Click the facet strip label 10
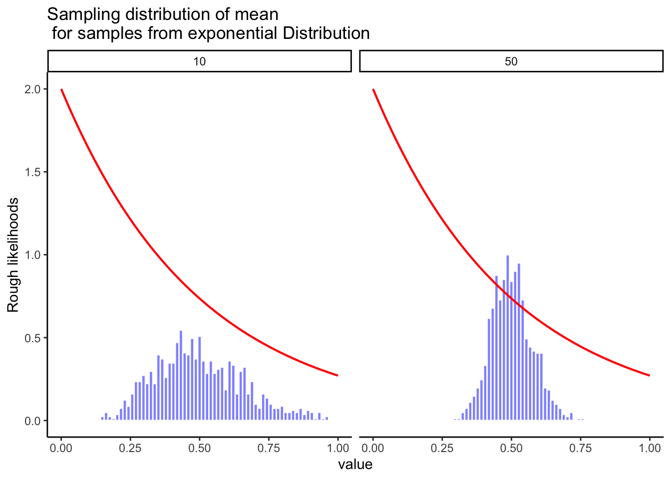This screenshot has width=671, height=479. point(199,61)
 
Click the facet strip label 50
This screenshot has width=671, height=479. point(511,61)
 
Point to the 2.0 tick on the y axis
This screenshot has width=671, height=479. point(33,89)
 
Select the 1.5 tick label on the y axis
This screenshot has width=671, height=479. point(33,172)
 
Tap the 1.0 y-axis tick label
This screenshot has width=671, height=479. point(33,255)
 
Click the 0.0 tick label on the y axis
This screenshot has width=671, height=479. point(33,421)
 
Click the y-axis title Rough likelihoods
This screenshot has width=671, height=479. point(13,255)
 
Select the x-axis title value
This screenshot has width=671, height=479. point(355,465)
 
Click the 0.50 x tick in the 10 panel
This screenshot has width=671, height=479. point(199,448)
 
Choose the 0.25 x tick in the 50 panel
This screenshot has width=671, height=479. point(442,448)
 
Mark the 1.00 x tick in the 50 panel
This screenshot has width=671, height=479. point(650,448)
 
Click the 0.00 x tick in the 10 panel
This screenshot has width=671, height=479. point(61,448)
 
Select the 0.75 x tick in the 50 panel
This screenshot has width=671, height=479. point(580,448)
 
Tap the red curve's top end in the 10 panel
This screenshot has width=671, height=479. point(61,90)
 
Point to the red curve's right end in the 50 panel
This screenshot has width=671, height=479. point(649,375)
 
